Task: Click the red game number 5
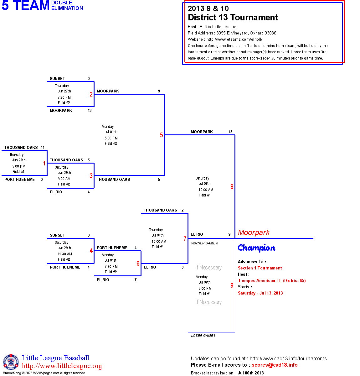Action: [162, 135]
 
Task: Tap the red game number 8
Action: [232, 187]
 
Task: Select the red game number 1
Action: [44, 163]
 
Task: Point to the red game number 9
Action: [232, 285]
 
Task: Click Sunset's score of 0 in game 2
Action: [89, 79]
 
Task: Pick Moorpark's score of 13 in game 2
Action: [90, 111]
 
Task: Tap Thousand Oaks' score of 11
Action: [43, 148]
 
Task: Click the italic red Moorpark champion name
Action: [254, 232]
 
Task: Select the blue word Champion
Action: [256, 248]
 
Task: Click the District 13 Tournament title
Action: [233, 18]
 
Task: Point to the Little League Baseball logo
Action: [11, 362]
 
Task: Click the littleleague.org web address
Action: [62, 366]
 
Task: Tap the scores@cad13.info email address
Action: [275, 365]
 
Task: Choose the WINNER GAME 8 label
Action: [204, 243]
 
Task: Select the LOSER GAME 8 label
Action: [203, 336]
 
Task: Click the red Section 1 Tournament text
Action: [260, 268]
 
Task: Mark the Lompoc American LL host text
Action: [272, 280]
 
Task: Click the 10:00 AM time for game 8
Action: [206, 190]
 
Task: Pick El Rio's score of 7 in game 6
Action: [136, 280]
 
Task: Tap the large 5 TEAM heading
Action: [26, 6]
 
